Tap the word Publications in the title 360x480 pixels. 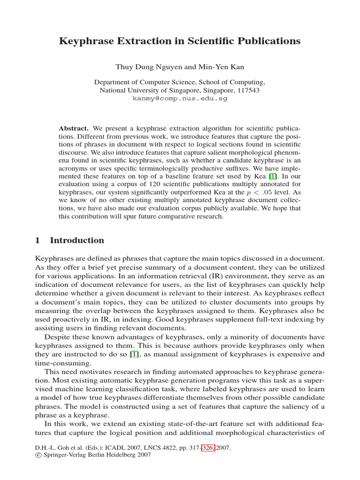pos(266,41)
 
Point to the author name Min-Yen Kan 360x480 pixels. pos(225,67)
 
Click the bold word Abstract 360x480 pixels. pos(74,128)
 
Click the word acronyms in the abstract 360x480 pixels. pos(74,167)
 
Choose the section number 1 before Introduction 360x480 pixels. pos(38,240)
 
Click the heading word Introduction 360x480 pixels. pos(77,240)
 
